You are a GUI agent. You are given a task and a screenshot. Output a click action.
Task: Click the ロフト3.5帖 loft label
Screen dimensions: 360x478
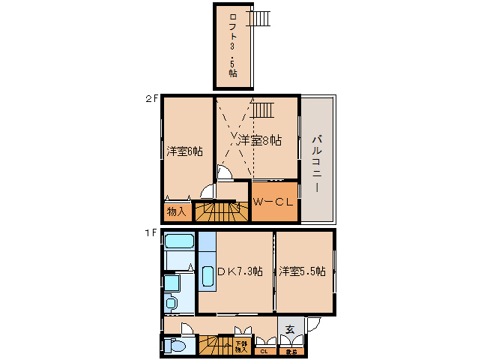pyautogui.click(x=232, y=46)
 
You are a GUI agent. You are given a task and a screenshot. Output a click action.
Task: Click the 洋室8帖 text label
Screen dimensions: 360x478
pyautogui.click(x=259, y=139)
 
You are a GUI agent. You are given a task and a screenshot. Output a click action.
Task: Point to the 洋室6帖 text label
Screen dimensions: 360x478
pyautogui.click(x=184, y=151)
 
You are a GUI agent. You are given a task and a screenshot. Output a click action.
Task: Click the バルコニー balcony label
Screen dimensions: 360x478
pyautogui.click(x=318, y=162)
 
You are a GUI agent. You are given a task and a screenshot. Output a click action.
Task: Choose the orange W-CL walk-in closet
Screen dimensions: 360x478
pyautogui.click(x=275, y=202)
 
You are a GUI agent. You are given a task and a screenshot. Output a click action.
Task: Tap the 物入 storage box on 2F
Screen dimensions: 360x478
pyautogui.click(x=176, y=211)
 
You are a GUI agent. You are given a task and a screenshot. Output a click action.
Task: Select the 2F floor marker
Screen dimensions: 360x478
pyautogui.click(x=151, y=98)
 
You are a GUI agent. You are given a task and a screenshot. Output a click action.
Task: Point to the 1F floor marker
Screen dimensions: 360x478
pyautogui.click(x=151, y=232)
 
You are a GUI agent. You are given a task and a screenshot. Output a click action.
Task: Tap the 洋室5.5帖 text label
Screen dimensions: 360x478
pyautogui.click(x=303, y=271)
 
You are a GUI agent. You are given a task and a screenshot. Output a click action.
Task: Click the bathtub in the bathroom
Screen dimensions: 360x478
pyautogui.click(x=180, y=242)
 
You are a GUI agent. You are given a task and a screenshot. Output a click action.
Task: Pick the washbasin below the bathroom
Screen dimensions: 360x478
pyautogui.click(x=171, y=302)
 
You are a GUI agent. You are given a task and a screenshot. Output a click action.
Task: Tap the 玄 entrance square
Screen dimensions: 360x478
pyautogui.click(x=289, y=328)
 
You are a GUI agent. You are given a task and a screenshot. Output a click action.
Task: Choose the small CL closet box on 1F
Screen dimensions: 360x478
pyautogui.click(x=264, y=350)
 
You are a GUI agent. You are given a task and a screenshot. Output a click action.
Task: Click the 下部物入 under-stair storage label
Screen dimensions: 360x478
pyautogui.click(x=240, y=346)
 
